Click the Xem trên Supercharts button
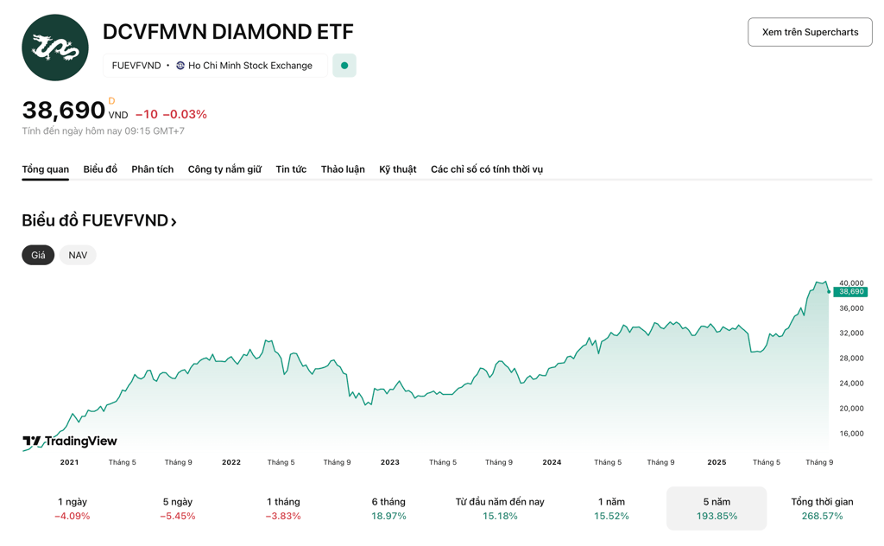pyautogui.click(x=810, y=32)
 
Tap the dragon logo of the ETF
pyautogui.click(x=55, y=48)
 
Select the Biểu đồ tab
pyautogui.click(x=100, y=169)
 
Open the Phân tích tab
pyautogui.click(x=152, y=169)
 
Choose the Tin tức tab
pyautogui.click(x=291, y=169)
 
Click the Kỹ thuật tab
pyautogui.click(x=397, y=169)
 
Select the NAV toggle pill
pyautogui.click(x=78, y=255)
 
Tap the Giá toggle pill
pyautogui.click(x=38, y=255)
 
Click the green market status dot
pyautogui.click(x=344, y=66)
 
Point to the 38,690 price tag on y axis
pyautogui.click(x=850, y=292)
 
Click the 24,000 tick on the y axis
pyautogui.click(x=851, y=384)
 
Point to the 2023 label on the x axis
pyautogui.click(x=390, y=462)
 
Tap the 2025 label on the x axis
pyautogui.click(x=717, y=462)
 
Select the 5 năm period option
pyautogui.click(x=717, y=508)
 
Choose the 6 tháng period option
pyautogui.click(x=388, y=508)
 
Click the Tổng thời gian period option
pyautogui.click(x=822, y=508)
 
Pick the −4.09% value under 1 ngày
pyautogui.click(x=73, y=517)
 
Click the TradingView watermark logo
pyautogui.click(x=70, y=441)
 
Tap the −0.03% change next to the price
pyautogui.click(x=185, y=114)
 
